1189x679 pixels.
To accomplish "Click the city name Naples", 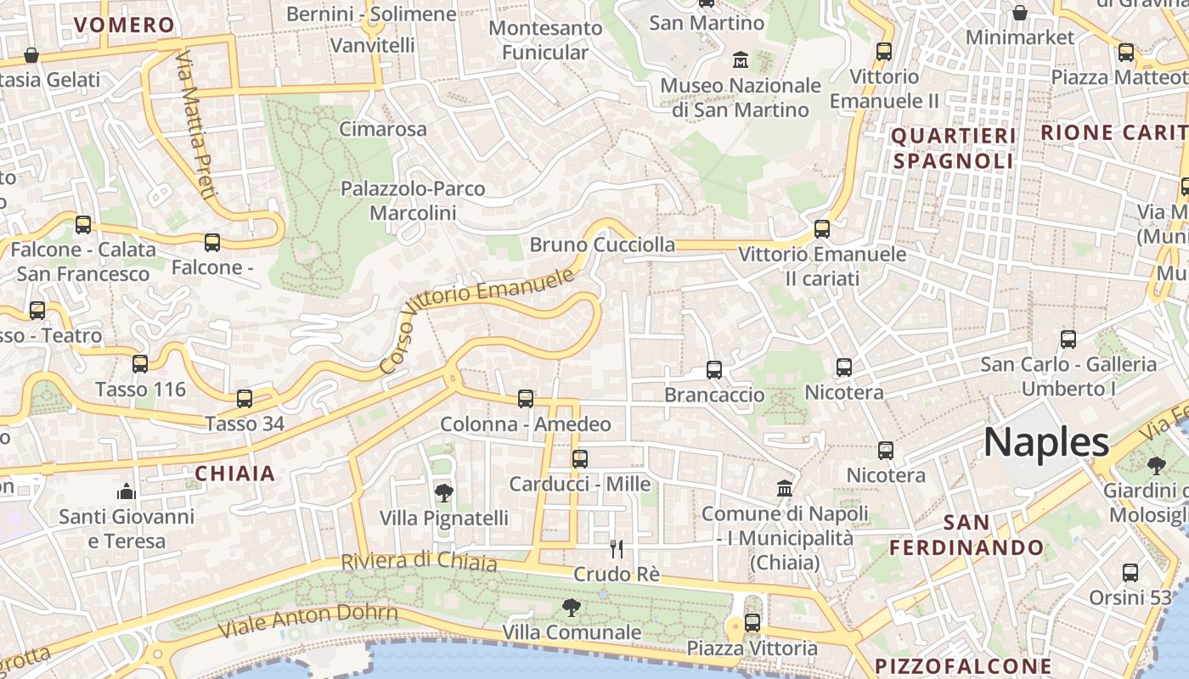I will pos(1046,442).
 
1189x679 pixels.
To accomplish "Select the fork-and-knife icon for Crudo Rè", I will pos(617,549).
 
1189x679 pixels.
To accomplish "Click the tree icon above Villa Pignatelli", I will pos(443,492).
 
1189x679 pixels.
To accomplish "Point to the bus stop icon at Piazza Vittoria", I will pos(752,623).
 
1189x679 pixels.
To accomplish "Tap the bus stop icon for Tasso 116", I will pos(140,364).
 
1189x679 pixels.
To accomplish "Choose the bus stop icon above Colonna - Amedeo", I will pos(526,398).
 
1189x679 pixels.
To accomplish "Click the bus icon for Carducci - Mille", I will pos(580,458).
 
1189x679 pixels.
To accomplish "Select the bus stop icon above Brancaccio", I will pos(714,369).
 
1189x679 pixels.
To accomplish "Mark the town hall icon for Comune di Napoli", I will pos(785,489).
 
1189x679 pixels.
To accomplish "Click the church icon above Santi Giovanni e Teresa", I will pos(127,491).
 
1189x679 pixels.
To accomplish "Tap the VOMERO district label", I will pos(125,25).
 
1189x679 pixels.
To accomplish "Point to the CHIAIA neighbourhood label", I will pos(235,474).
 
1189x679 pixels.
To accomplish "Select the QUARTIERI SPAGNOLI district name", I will pos(954,149).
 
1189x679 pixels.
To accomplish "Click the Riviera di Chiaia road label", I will pos(419,561).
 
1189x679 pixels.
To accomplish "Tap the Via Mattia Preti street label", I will pos(194,124).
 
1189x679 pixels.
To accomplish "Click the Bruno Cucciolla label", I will pos(603,245).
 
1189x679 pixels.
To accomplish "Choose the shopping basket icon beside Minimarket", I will pos(1019,13).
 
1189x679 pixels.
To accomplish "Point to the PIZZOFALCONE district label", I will pos(963,665).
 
